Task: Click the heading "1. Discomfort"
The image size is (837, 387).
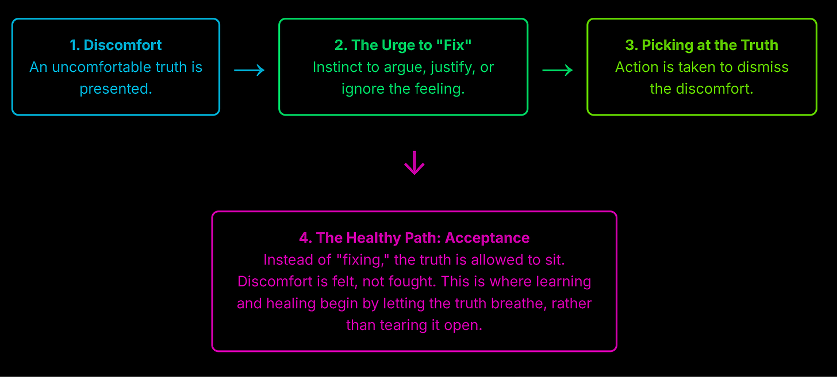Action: coord(116,45)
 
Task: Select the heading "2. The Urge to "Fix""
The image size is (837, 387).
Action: coord(403,45)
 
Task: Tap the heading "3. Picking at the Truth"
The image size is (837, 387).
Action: coord(701,45)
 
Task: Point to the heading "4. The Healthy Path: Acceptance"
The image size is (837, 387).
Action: coord(414,238)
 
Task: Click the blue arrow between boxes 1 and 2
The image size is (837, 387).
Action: coord(249,70)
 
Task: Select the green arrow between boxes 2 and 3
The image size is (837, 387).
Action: coord(558,70)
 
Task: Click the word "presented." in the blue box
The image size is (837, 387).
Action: coord(116,89)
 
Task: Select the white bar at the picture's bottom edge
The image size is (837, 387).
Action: coord(259,382)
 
